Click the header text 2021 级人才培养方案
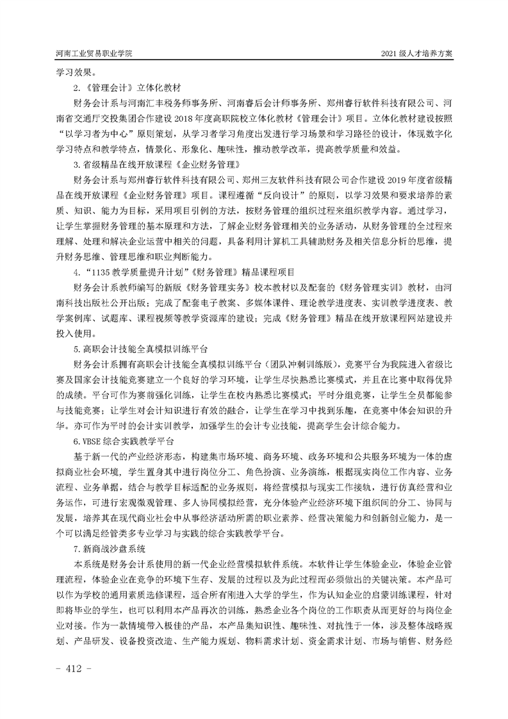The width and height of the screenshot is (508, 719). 417,54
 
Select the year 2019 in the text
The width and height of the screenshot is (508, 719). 393,180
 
